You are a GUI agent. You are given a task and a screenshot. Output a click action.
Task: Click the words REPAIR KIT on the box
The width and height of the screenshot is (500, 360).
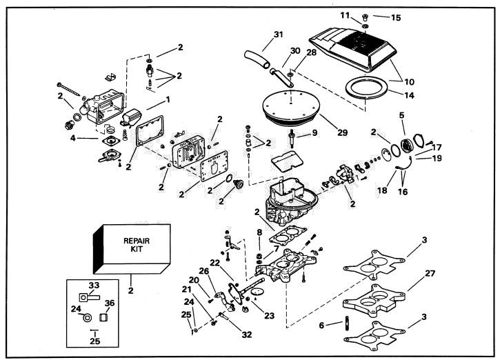click(x=137, y=245)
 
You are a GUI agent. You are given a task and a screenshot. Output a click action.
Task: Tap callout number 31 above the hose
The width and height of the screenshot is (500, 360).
click(x=279, y=34)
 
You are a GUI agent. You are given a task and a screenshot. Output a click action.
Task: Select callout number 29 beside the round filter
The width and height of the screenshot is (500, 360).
click(x=342, y=132)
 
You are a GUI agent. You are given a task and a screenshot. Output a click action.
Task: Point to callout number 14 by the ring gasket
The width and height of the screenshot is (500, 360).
click(x=410, y=95)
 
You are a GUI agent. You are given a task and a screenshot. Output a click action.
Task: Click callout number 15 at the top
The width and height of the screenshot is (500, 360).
click(x=396, y=17)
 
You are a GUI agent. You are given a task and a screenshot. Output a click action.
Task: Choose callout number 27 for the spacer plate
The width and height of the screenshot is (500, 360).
click(x=430, y=273)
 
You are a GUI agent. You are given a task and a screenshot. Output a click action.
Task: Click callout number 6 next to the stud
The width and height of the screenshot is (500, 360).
click(x=321, y=326)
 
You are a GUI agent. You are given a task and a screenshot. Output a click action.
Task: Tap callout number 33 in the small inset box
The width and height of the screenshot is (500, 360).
click(x=94, y=285)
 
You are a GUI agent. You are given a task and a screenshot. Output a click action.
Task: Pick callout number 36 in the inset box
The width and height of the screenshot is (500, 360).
click(x=110, y=303)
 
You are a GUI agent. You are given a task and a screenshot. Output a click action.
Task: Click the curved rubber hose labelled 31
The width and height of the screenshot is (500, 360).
click(x=257, y=59)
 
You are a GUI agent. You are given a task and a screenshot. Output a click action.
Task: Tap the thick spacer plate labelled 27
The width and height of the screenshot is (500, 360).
click(x=374, y=301)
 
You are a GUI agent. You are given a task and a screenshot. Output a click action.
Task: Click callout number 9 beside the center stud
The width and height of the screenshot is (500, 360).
click(x=314, y=132)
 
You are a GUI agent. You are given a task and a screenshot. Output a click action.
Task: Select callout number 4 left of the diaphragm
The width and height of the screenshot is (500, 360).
click(x=73, y=139)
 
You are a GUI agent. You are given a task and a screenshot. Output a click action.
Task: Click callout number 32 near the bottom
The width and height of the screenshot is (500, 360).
click(x=246, y=334)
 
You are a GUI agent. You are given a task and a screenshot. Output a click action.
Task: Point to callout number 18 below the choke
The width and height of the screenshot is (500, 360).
click(x=382, y=190)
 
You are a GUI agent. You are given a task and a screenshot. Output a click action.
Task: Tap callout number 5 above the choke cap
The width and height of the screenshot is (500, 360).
click(x=401, y=115)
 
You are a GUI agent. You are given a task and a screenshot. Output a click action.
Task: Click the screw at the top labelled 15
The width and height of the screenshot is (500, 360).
click(x=366, y=17)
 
